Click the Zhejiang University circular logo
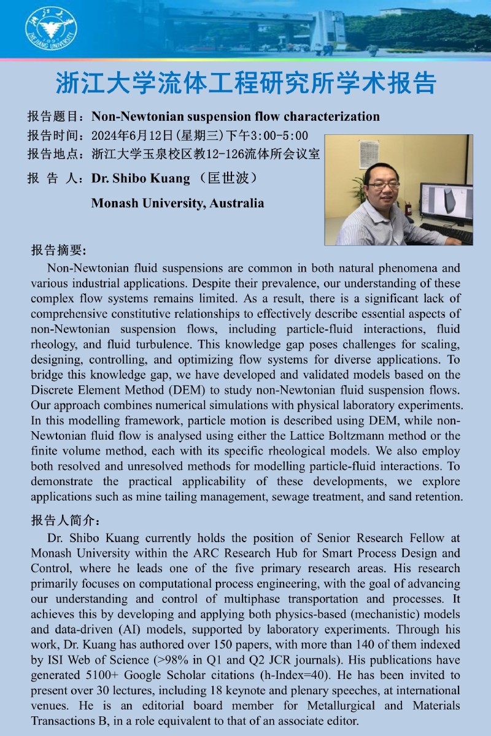click(x=51, y=29)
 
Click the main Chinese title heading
click(x=245, y=83)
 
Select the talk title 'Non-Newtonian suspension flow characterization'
click(x=235, y=117)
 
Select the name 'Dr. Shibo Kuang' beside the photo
click(x=140, y=178)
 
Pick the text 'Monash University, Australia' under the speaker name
click(x=177, y=203)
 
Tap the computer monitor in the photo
click(x=446, y=202)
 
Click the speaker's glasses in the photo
click(x=384, y=185)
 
